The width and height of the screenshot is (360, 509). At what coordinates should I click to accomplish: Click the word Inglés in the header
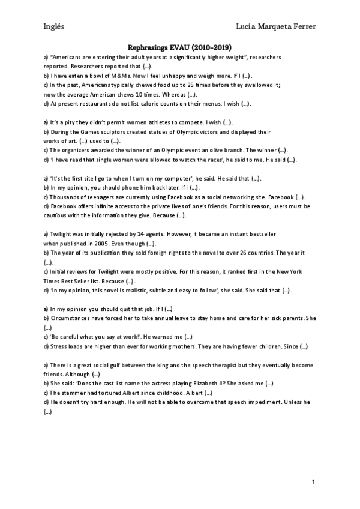coord(55,26)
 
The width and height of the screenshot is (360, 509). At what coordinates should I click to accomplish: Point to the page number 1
coord(313,482)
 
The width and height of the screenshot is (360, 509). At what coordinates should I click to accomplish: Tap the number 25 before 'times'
coord(170,85)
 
